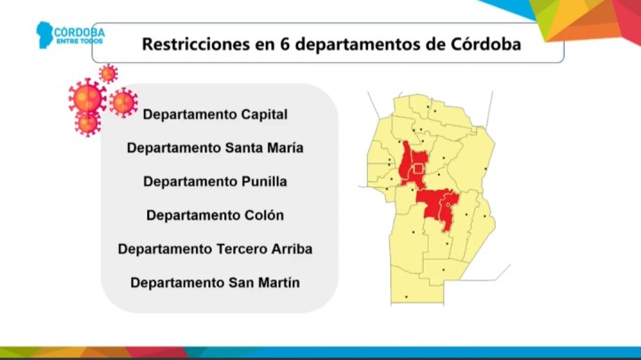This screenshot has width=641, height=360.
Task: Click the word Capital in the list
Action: [264, 114]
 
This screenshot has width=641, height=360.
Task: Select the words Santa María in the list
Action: [264, 148]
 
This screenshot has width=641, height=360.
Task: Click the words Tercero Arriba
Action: [264, 249]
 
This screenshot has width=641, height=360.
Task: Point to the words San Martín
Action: [264, 282]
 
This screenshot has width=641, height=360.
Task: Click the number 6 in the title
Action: [285, 44]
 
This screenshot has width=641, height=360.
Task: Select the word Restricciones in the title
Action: [196, 44]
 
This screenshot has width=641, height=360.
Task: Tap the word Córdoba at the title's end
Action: [486, 44]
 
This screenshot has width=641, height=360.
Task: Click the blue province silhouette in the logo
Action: [44, 35]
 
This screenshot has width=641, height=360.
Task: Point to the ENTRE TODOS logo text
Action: [80, 42]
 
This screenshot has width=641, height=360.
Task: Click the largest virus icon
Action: [87, 98]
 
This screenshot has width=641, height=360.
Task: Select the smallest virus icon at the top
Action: [108, 74]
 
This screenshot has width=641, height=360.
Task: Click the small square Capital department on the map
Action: [418, 168]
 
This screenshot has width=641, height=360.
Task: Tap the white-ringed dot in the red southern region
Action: [448, 205]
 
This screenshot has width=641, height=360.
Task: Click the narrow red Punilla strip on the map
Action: [404, 162]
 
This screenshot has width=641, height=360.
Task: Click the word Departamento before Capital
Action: [189, 114]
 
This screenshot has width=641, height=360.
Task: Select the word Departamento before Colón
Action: [193, 215]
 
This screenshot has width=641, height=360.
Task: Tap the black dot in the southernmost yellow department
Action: [406, 297]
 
